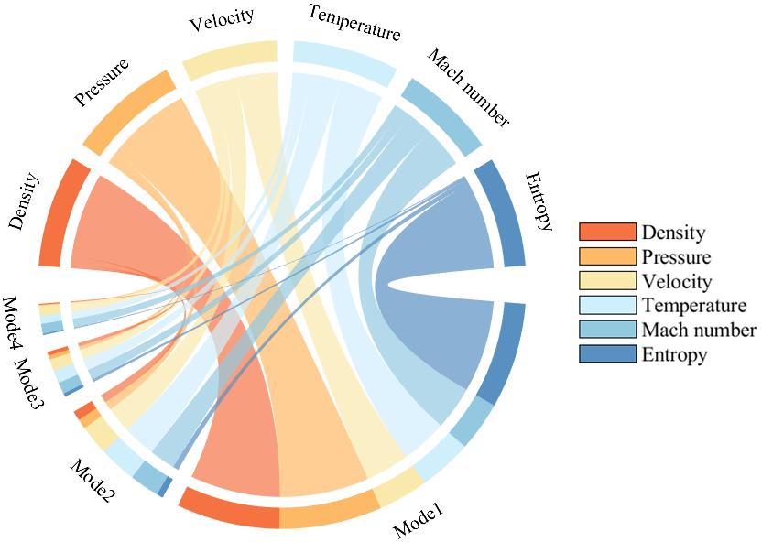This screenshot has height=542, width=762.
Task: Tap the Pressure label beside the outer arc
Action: (x=101, y=83)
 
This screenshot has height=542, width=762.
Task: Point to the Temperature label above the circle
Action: (x=354, y=23)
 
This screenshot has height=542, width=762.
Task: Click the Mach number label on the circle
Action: (x=467, y=87)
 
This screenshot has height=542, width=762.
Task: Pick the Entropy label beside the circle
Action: (x=539, y=201)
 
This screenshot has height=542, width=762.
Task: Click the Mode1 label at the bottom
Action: (x=419, y=521)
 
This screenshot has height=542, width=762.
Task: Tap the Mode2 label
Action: (x=93, y=481)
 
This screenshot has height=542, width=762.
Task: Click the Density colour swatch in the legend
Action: (x=606, y=233)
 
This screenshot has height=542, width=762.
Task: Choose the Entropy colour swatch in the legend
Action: (x=606, y=353)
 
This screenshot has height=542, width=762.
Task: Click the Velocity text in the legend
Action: (x=677, y=281)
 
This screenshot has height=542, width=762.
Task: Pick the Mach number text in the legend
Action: (x=699, y=330)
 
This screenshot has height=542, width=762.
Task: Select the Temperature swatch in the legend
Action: (x=606, y=305)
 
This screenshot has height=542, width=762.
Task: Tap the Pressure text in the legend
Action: (x=676, y=257)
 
